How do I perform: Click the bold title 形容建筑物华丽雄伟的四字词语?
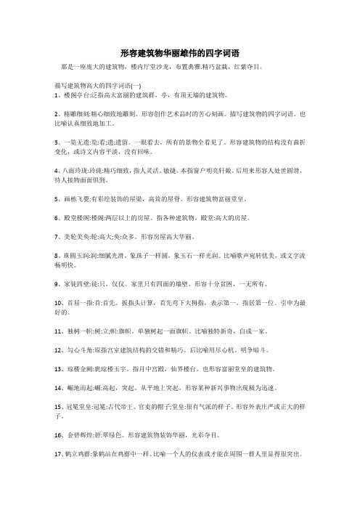click(x=180, y=53)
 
